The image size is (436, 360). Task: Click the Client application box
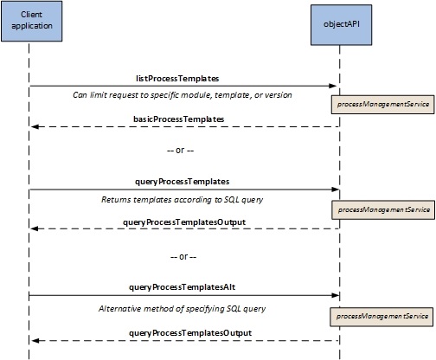[x=32, y=22]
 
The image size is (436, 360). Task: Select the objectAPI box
[x=341, y=25]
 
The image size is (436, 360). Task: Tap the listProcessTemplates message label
[x=177, y=79]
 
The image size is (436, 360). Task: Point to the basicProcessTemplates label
[x=179, y=119]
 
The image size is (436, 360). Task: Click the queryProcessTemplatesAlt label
[x=183, y=287]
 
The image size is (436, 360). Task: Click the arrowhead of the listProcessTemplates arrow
[x=333, y=86]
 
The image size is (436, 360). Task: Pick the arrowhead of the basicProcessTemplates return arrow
[x=35, y=127]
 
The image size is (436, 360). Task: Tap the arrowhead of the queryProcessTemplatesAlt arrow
[x=335, y=295]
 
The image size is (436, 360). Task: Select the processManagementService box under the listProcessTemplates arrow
[x=382, y=105]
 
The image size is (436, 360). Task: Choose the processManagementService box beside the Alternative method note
[x=381, y=317]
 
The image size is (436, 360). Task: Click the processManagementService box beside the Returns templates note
[x=383, y=210]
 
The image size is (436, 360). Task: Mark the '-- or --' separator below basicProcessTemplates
[x=180, y=151]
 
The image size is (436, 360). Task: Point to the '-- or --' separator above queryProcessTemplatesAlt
[x=183, y=256]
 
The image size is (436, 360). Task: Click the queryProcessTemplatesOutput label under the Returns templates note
[x=184, y=222]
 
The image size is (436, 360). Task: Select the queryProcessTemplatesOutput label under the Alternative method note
[x=190, y=333]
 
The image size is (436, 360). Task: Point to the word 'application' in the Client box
[x=32, y=26]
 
